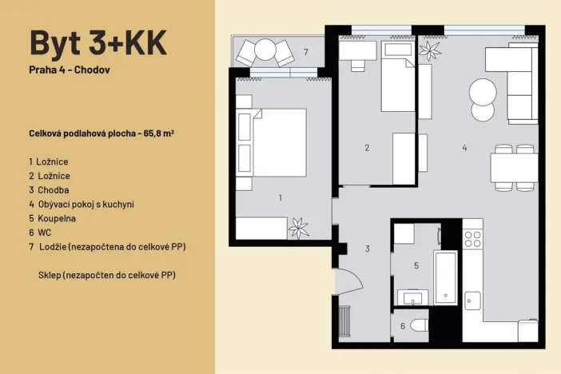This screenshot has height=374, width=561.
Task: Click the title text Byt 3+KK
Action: (x=98, y=42)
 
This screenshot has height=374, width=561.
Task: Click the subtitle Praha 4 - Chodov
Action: (x=69, y=70)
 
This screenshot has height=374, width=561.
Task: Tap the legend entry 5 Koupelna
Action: (x=54, y=218)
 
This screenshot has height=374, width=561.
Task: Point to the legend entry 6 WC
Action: (x=41, y=233)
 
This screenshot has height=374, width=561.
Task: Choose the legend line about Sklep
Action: (x=106, y=275)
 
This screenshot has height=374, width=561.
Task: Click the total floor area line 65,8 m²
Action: (x=100, y=133)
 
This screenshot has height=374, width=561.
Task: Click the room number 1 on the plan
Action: (x=280, y=197)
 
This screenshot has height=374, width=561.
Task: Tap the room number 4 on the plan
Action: (x=464, y=148)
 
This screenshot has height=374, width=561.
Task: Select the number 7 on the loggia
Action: (x=305, y=52)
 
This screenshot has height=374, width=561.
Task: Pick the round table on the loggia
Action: (x=265, y=52)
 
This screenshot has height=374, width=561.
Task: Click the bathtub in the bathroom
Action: (x=445, y=277)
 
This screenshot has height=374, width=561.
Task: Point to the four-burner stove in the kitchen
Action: (x=473, y=237)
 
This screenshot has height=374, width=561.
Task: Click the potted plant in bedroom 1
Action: (x=299, y=228)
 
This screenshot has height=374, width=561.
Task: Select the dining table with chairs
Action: (x=514, y=167)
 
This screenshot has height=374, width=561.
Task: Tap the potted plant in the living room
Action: (x=431, y=51)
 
